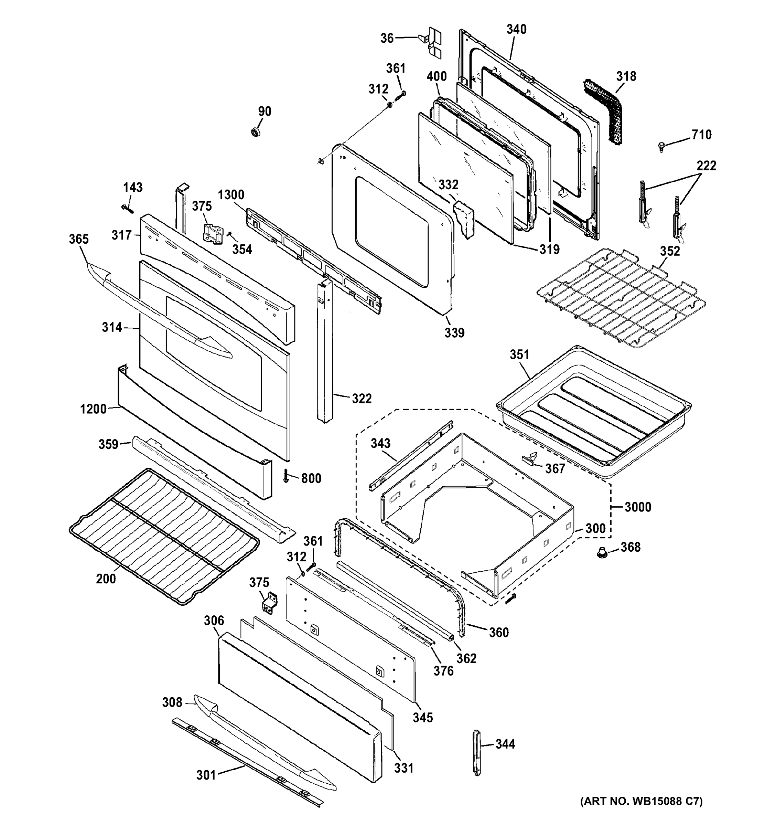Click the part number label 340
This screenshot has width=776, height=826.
click(x=516, y=30)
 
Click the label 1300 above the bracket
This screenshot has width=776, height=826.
click(x=231, y=195)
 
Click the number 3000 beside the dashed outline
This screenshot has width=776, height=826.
click(x=637, y=507)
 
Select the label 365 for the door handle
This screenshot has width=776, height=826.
click(x=78, y=239)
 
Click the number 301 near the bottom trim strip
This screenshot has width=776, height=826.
click(x=206, y=775)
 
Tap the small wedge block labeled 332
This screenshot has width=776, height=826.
click(x=464, y=219)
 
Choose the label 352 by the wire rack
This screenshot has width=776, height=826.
click(x=670, y=251)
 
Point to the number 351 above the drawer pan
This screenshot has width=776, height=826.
click(x=519, y=355)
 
